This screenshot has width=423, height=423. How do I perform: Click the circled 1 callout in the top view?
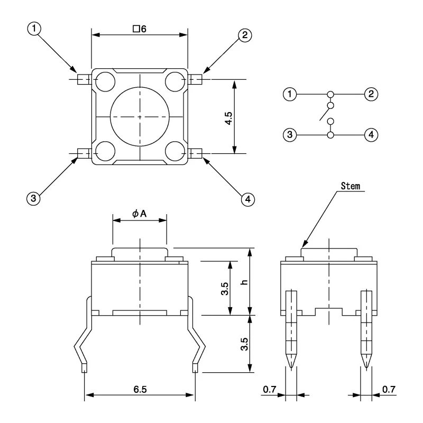click(34, 29)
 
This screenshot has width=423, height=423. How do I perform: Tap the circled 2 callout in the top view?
click(245, 35)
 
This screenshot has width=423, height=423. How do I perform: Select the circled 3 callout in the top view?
click(33, 199)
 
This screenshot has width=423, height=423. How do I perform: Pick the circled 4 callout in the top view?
click(248, 199)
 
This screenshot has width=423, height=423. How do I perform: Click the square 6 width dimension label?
click(140, 29)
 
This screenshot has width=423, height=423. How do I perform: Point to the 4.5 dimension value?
click(228, 118)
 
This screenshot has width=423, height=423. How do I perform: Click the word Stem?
click(351, 186)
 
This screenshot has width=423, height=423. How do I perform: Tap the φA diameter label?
click(139, 214)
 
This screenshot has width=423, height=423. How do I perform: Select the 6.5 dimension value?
click(140, 389)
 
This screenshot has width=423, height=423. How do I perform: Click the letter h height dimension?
click(244, 282)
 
